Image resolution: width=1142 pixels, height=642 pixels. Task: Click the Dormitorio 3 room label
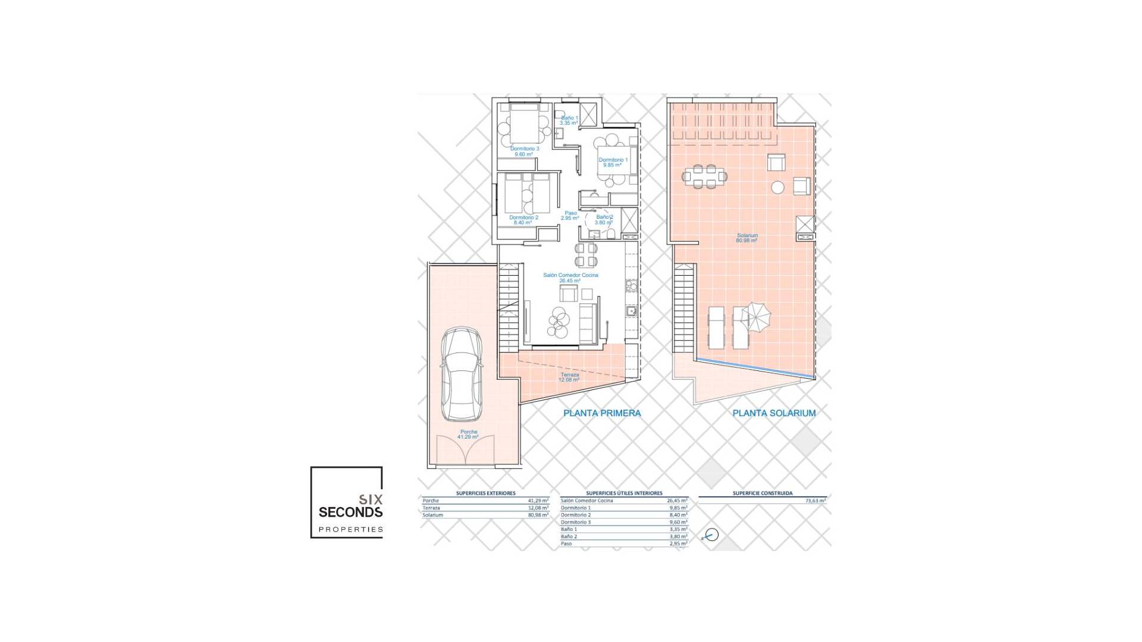(525, 151)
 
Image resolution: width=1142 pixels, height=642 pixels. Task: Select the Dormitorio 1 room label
(613, 162)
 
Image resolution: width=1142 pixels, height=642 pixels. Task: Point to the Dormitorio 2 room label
(523, 220)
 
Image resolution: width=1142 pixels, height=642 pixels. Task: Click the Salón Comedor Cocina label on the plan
(570, 278)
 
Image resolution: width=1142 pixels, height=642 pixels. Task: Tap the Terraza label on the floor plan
(569, 377)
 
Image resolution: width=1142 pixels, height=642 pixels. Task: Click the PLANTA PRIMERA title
(602, 413)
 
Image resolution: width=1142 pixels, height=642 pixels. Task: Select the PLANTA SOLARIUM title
(774, 413)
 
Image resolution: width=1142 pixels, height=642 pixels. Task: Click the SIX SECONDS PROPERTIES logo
(347, 503)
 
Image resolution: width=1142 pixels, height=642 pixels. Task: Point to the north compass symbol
(711, 535)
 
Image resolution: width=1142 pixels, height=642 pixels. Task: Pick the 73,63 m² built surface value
(815, 501)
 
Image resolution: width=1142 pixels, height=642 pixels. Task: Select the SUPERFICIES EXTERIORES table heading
(485, 493)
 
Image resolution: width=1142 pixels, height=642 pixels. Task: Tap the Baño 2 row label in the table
(569, 537)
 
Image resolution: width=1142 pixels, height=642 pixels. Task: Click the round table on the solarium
(777, 187)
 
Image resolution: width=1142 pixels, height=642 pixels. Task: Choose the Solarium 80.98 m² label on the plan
(747, 238)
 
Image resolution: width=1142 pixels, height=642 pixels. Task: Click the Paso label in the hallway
(570, 215)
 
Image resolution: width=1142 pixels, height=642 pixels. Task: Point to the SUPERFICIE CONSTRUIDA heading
(762, 493)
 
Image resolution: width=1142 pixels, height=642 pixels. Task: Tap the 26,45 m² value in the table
(677, 501)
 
